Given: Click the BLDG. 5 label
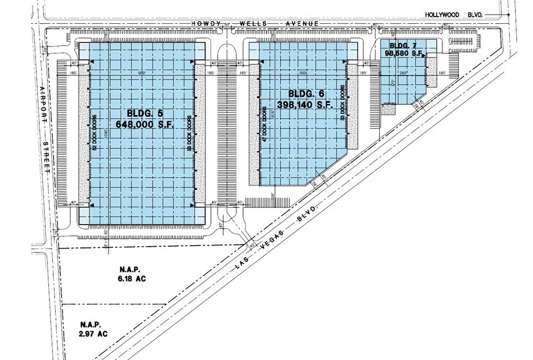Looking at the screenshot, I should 145,113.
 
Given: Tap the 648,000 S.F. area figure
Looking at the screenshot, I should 145,124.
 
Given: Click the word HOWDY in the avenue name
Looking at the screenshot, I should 206,23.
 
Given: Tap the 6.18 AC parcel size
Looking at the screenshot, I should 131,279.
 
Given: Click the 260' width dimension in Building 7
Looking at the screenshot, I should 403,73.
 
